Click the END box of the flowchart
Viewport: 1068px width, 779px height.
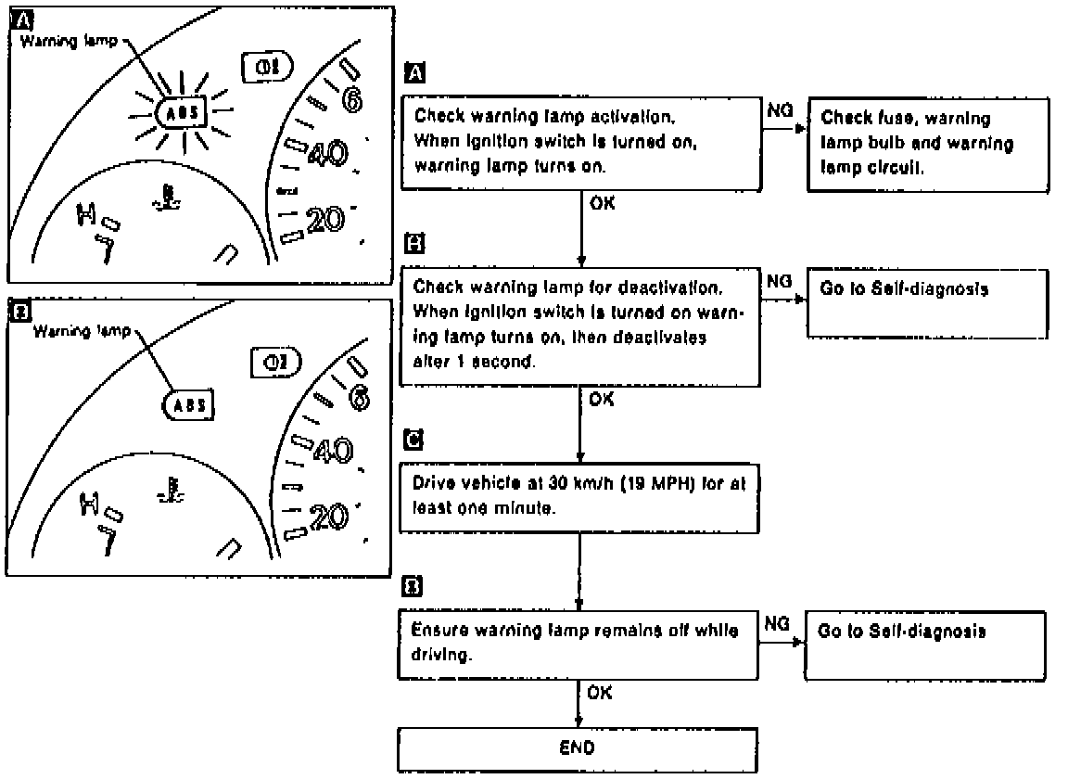click(x=578, y=747)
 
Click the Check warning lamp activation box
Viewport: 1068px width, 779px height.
click(x=578, y=142)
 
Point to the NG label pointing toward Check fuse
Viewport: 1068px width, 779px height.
click(x=779, y=110)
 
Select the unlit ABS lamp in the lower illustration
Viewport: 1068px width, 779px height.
click(x=186, y=404)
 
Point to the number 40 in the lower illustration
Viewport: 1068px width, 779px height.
click(x=329, y=452)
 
